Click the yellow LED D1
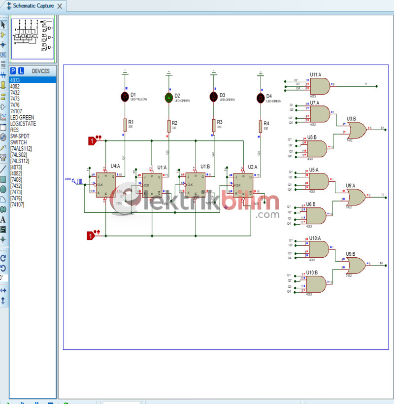tap(125, 96)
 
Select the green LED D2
tap(169, 98)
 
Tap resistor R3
tap(214, 125)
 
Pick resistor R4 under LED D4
tap(261, 127)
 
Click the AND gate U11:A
tap(320, 87)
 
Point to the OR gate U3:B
tap(356, 130)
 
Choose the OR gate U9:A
tap(356, 197)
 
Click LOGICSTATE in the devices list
tap(23, 124)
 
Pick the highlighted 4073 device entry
tap(15, 80)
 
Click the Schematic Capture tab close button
tap(60, 6)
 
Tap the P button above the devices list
tap(13, 71)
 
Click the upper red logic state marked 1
tap(91, 141)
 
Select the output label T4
tap(381, 264)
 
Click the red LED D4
tap(261, 98)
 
